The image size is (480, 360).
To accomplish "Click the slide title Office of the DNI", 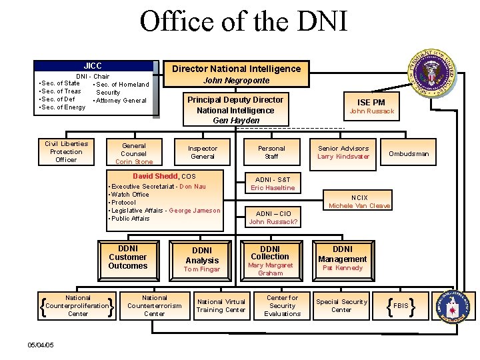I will tap(243, 21).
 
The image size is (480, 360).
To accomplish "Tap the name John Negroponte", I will tap(237, 81).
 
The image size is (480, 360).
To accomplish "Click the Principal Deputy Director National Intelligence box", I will tap(235, 109).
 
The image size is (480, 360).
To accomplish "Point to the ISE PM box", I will tap(372, 106).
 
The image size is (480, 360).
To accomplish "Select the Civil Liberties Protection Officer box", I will tap(66, 151).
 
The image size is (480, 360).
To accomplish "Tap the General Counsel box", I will tap(134, 153).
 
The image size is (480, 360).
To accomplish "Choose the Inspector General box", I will tap(203, 153).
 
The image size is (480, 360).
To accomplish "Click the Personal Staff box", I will tap(271, 153).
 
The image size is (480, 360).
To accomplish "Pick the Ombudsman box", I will tap(409, 153).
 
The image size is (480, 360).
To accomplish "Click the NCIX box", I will tap(359, 201).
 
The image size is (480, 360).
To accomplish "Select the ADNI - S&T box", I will tap(272, 183).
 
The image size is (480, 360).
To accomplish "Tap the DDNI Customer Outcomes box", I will tap(127, 257).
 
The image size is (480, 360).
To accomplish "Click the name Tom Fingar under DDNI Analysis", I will tap(202, 269).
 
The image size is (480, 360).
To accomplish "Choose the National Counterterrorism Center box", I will tap(155, 305).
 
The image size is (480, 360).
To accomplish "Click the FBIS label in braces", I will tap(401, 306).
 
